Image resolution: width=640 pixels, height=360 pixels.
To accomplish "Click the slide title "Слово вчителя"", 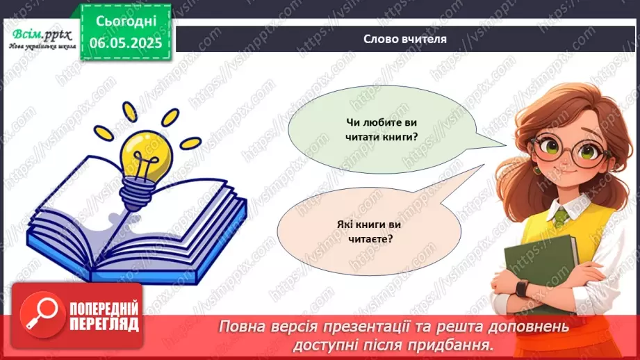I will pyautogui.click(x=404, y=39).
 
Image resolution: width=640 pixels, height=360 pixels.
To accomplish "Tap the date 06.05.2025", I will pyautogui.click(x=126, y=42).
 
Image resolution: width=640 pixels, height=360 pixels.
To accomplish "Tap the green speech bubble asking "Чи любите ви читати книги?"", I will pyautogui.click(x=382, y=130).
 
